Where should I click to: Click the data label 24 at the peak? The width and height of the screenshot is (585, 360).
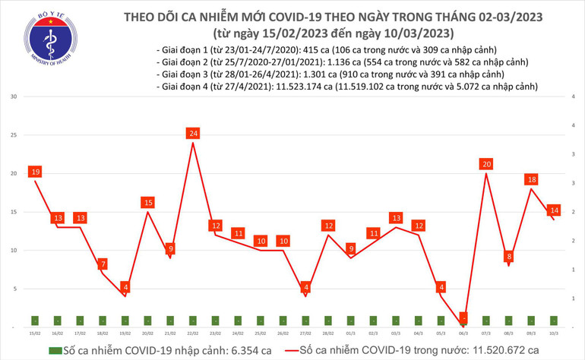(x=193, y=134)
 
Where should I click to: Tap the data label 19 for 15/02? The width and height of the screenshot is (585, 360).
(x=35, y=172)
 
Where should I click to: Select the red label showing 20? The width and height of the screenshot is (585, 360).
(x=486, y=164)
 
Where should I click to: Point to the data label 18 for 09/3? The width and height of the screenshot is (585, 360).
(x=532, y=180)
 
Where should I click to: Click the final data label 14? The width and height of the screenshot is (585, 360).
(x=555, y=210)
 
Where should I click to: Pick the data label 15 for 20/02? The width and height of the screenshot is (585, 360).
(x=148, y=203)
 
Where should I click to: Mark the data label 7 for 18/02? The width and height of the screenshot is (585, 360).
(x=103, y=264)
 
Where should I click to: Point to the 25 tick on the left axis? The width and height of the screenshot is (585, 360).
(x=14, y=135)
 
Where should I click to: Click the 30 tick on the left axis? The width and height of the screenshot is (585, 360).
(x=14, y=97)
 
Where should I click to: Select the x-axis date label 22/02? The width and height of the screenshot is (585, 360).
(x=193, y=333)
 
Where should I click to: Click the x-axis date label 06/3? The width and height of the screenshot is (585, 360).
(x=464, y=333)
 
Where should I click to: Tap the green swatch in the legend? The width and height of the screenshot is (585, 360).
(x=54, y=350)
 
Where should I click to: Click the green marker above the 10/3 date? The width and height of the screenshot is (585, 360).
(x=555, y=320)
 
